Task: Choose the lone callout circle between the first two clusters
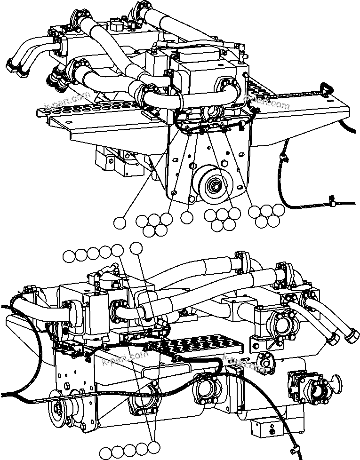coord(187,217)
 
